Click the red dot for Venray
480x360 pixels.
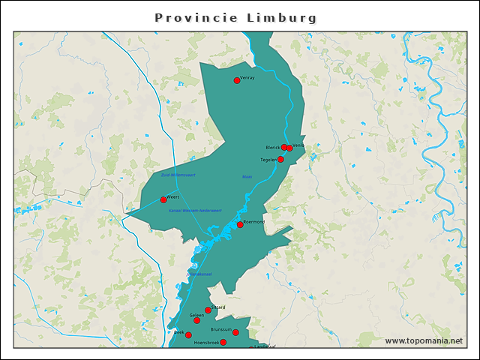point(237,80)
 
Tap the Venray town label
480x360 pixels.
point(248,78)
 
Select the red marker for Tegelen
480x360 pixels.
point(280,159)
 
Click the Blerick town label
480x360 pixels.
point(272,147)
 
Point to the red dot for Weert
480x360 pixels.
point(163,199)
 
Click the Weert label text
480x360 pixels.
point(173,196)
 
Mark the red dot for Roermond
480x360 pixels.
point(240,224)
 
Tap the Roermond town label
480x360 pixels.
point(254,221)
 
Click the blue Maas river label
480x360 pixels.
point(247,177)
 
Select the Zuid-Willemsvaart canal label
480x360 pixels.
point(178,175)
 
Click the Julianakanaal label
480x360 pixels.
point(201,274)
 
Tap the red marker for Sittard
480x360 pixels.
point(208,310)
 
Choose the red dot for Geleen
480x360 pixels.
point(197,320)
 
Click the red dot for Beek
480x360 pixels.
point(188,335)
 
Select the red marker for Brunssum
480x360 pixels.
point(235,332)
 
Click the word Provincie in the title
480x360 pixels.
point(196,17)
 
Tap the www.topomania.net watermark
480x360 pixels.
point(424,341)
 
